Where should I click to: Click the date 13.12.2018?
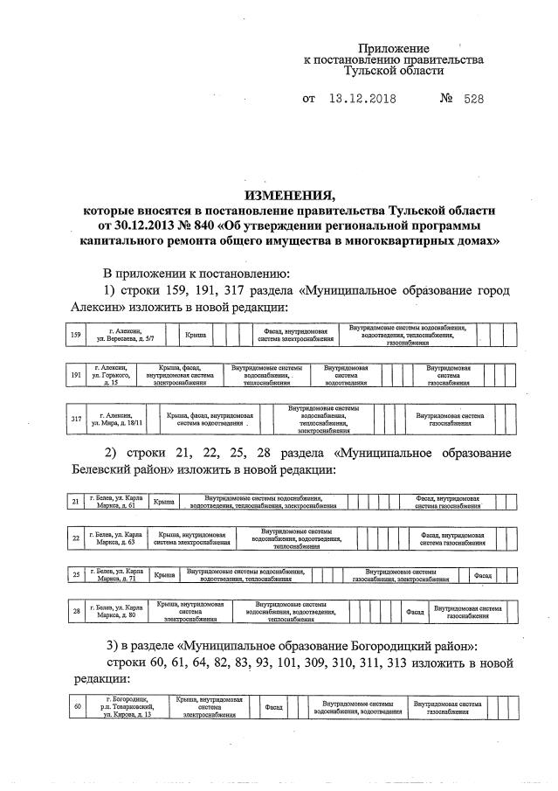pyautogui.click(x=360, y=100)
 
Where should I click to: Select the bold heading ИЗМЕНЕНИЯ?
pyautogui.click(x=290, y=194)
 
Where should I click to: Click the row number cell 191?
pyautogui.click(x=76, y=376)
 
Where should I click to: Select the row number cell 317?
pyautogui.click(x=76, y=419)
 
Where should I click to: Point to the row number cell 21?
pyautogui.click(x=76, y=502)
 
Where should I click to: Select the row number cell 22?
pyautogui.click(x=76, y=538)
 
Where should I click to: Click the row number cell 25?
pyautogui.click(x=76, y=575)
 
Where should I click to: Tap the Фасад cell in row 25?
pyautogui.click(x=482, y=575)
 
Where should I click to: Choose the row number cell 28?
pyautogui.click(x=76, y=611)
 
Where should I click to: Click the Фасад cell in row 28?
pyautogui.click(x=416, y=613)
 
